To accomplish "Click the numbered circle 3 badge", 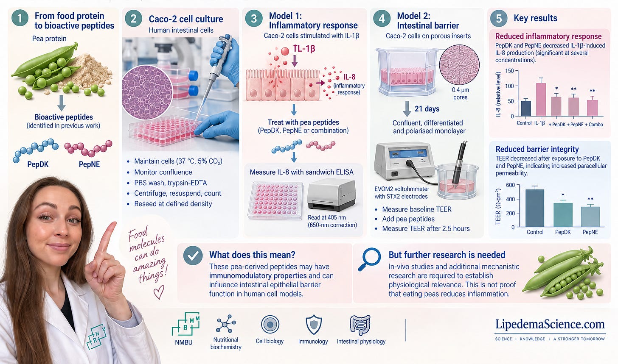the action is pos(254,19).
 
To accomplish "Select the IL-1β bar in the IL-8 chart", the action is pos(541,100).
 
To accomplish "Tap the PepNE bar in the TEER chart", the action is pos(590,217).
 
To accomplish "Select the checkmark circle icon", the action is pos(193,256).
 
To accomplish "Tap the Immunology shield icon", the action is pos(314,325).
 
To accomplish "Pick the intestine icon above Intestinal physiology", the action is pos(360,325).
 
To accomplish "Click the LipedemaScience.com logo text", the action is pos(550,324).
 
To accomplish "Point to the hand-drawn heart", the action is pos(159,292).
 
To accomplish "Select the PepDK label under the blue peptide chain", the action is pos(38,164).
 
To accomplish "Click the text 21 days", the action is pos(427,109).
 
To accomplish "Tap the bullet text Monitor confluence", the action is pos(163,172).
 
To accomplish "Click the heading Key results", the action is pos(535,18).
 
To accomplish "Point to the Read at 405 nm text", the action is pos(327,217).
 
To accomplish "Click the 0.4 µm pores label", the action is pos(460,94).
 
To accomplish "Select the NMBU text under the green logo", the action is pos(184,342).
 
